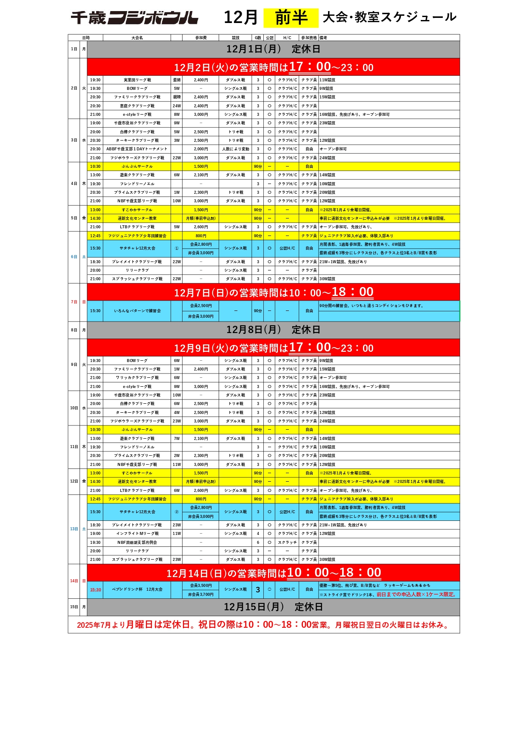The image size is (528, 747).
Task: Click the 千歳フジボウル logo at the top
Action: pos(134,18)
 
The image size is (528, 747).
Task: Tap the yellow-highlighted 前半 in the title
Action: pos(291,18)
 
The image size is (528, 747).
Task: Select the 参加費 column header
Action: pos(200,38)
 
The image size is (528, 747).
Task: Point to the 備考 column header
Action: pos(323,38)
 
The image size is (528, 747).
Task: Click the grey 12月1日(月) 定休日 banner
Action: pos(273,49)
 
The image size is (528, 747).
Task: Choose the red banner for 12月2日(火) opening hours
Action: pos(273,67)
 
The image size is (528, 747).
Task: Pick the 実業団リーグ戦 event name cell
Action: pos(137,80)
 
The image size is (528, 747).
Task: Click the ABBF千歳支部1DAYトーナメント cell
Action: pos(137,149)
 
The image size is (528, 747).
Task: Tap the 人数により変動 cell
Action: pos(235,149)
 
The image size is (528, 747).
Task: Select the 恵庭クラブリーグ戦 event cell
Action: pos(137,106)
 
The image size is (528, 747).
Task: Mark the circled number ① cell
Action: pos(177,248)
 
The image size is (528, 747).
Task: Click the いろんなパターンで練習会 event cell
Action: pos(137,311)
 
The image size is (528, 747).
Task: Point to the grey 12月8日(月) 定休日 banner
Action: pos(273,330)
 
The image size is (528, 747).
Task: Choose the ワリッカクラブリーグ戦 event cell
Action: pos(137,378)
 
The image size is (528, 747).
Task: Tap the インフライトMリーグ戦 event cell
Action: pos(137,534)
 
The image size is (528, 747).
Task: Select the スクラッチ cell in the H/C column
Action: pos(287,543)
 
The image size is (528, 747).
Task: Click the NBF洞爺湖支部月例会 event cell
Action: pos(137,543)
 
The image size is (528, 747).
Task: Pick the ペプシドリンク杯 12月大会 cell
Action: pos(137,589)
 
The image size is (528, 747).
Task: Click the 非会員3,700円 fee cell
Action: pos(200,595)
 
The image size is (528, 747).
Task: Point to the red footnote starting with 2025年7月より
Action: pos(263,625)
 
